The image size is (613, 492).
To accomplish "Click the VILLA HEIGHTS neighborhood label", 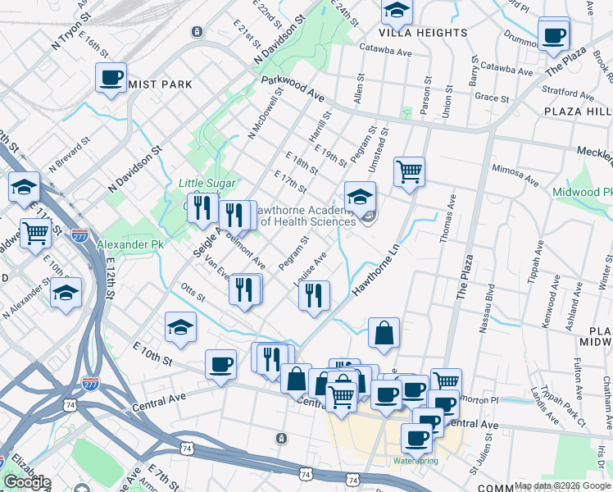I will coord(423,33).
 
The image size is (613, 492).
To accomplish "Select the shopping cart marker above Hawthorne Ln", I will coord(409,173).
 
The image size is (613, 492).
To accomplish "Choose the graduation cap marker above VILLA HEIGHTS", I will coord(397,12).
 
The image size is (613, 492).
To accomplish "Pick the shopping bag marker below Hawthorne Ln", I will coord(384,334).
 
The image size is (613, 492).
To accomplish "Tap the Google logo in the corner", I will coord(27,482).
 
